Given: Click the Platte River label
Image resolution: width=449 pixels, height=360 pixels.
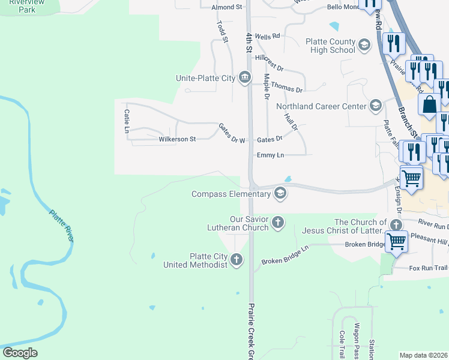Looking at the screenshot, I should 62,226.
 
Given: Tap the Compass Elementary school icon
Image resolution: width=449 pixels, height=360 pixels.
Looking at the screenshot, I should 279,193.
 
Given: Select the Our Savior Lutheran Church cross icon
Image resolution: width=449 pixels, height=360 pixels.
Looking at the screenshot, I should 277,223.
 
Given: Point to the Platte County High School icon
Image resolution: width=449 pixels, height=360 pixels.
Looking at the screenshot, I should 364,45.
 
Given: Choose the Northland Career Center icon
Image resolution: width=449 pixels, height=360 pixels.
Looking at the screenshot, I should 376,106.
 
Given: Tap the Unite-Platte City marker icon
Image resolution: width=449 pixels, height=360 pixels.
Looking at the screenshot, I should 244,77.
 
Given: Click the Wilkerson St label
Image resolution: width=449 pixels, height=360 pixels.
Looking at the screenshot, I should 177,139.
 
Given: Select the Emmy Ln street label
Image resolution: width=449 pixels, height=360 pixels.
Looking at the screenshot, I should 270,155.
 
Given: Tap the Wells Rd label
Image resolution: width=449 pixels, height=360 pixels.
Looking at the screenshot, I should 267,36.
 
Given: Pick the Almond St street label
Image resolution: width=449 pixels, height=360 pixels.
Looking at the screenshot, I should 226,7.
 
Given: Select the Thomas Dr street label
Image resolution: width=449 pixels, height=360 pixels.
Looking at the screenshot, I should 286,88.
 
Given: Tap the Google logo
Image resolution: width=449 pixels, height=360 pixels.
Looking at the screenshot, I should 20,353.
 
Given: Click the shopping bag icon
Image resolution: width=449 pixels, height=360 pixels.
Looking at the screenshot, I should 430,106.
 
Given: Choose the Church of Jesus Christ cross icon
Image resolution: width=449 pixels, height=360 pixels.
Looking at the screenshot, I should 396,226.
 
